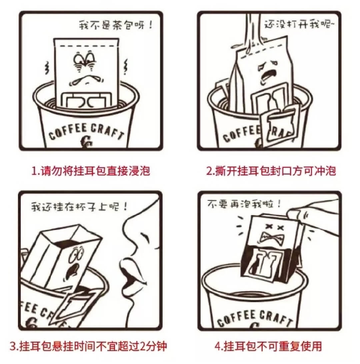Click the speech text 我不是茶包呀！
tap(116, 25)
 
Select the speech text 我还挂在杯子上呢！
tap(79, 206)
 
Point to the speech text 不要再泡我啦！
tap(244, 204)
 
